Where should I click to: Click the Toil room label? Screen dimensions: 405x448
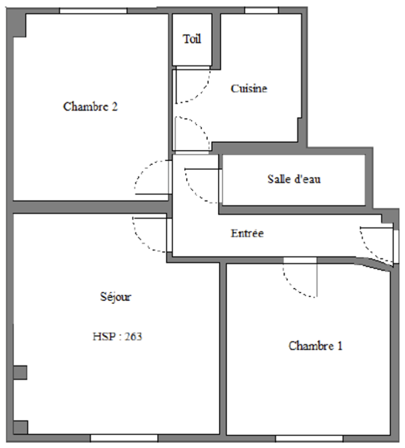click(x=192, y=39)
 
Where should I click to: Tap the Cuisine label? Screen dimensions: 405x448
click(x=249, y=88)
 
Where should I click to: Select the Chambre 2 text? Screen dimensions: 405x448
click(x=90, y=106)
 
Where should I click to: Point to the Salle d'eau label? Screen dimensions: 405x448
click(x=294, y=179)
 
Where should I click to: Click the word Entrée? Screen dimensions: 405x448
click(x=247, y=233)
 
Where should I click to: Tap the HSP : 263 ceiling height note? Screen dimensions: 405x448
click(x=117, y=336)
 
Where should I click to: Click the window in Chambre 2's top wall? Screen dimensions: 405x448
click(x=93, y=11)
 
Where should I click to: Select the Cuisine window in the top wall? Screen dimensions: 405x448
click(x=262, y=11)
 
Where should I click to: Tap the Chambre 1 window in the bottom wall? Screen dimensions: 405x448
click(x=309, y=438)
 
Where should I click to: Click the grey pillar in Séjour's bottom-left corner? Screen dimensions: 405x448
click(x=20, y=427)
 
